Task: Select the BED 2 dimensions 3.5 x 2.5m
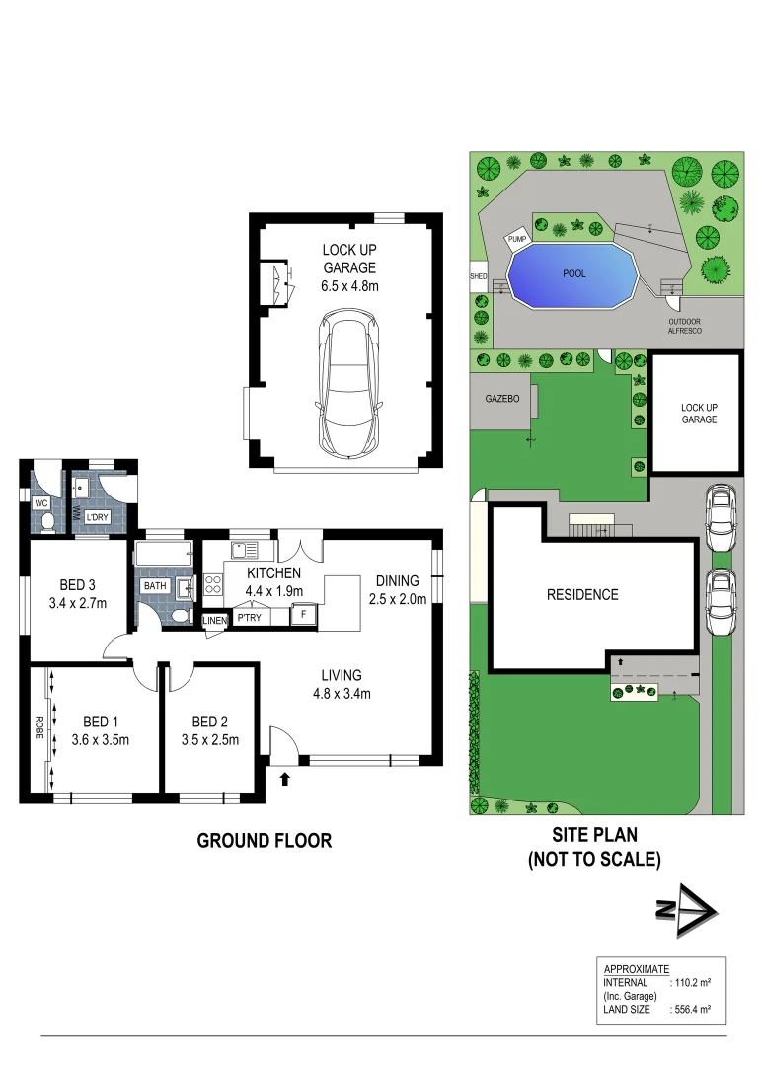[x=211, y=739]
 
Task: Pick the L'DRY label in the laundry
[x=98, y=517]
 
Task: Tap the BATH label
[x=156, y=586]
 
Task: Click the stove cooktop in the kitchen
[x=213, y=585]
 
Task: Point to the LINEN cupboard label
[x=215, y=620]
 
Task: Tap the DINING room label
[x=398, y=580]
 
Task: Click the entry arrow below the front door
[x=285, y=779]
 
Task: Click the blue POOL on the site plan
[x=573, y=273]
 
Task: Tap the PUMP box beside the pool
[x=517, y=238]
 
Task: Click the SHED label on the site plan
[x=479, y=277]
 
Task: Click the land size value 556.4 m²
[x=692, y=1010]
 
